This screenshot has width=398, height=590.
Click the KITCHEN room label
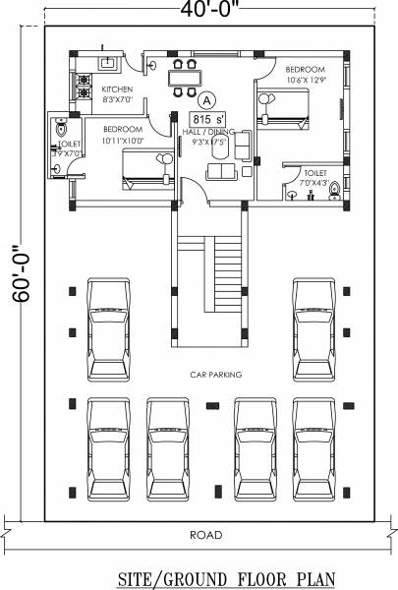pos(117,89)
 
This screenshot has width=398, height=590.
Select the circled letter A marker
pos(207,99)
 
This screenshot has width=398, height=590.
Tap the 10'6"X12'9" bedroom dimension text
pos(306,80)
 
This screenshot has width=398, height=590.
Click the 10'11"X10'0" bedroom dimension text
pos(122,140)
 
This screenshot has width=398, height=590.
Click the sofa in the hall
pos(225,169)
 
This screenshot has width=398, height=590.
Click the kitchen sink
pos(109,64)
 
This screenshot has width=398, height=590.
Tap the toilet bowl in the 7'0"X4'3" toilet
pos(334,191)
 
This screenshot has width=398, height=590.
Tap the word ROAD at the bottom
pos(206,535)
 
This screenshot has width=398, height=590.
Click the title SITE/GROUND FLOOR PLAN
pos(212,575)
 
